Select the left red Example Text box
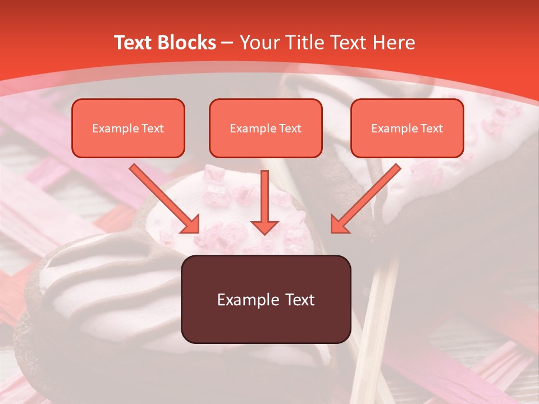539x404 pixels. click(x=128, y=128)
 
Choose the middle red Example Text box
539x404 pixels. click(x=266, y=128)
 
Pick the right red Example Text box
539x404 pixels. click(x=407, y=128)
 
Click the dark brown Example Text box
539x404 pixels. click(x=266, y=299)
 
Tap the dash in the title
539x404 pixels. click(x=227, y=43)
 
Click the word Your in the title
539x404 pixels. click(x=259, y=43)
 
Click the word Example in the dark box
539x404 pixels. click(x=249, y=300)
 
